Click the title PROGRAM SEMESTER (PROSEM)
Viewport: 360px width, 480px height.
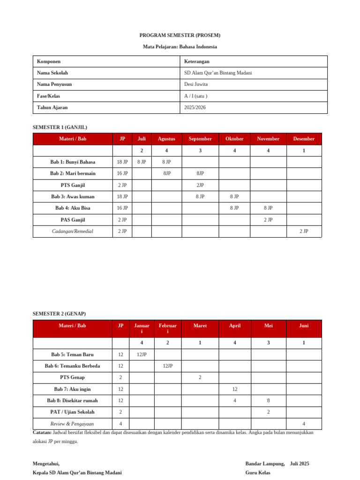180,35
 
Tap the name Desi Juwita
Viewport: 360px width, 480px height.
196,84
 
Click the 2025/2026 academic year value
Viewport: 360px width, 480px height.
195,107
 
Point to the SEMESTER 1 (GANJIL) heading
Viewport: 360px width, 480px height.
60,127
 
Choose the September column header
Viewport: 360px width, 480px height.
200,139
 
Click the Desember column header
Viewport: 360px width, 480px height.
304,139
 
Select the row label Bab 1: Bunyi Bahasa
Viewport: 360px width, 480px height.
73,162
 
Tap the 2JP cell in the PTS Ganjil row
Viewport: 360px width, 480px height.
200,185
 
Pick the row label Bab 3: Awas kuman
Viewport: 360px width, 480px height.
73,196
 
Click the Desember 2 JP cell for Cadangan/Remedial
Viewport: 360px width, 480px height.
304,231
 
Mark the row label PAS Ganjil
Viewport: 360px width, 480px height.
73,219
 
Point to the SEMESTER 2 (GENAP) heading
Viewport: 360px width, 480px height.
59,314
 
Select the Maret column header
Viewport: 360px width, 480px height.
200,325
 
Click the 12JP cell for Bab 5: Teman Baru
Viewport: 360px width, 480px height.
142,354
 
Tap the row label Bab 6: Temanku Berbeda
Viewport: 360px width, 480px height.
72,366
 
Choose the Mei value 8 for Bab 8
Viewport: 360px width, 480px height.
269,400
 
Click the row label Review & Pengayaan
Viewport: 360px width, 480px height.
72,424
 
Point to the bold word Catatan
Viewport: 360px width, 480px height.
42,433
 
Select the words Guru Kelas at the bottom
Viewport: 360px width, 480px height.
258,472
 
